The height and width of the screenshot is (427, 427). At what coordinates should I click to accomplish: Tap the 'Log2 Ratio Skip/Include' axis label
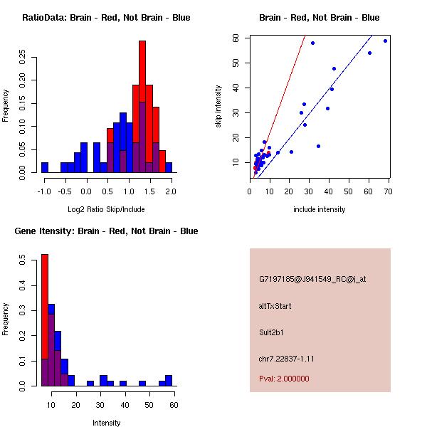[106, 209]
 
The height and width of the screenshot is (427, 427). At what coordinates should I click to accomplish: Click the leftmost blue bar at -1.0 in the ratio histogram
[45, 167]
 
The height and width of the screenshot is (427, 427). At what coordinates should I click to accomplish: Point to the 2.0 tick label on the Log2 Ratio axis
[170, 191]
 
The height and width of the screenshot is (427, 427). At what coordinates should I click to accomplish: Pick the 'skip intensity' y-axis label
[218, 107]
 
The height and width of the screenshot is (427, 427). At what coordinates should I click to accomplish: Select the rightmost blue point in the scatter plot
[385, 41]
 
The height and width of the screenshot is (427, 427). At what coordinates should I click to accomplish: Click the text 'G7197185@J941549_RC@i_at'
[312, 280]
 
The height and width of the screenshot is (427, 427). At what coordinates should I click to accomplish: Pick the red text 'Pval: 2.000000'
[284, 379]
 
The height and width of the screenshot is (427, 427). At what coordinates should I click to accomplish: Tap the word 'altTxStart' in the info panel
[275, 306]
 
